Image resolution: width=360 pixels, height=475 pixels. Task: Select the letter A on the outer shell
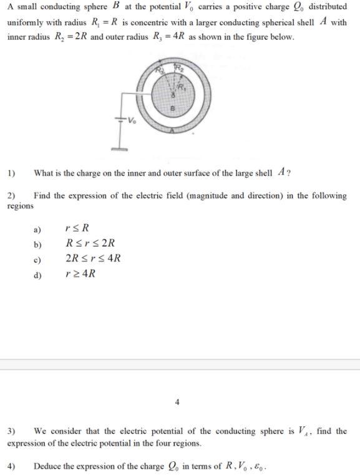coord(176,130)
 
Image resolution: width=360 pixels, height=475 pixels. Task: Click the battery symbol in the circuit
coord(120,120)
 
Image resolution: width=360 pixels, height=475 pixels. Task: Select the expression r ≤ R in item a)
coord(74,228)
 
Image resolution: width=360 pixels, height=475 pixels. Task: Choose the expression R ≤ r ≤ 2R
coord(90,243)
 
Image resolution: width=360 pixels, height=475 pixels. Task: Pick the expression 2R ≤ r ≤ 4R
coord(93,258)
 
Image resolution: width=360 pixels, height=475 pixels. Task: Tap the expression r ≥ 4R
coord(80,273)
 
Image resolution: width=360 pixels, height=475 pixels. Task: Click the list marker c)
coord(38,258)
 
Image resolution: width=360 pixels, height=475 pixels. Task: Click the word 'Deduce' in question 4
coord(47,466)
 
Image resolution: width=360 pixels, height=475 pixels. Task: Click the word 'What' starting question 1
coord(44,173)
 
